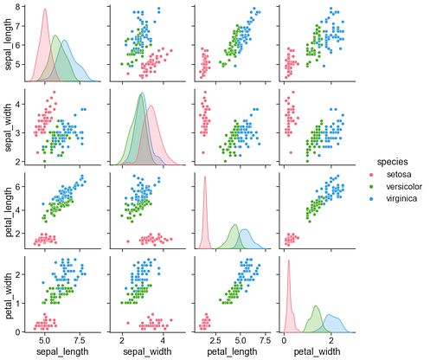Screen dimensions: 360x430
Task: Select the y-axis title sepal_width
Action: point(8,126)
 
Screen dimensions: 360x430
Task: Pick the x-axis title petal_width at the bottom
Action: point(315,352)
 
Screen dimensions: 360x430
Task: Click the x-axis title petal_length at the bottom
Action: point(230,352)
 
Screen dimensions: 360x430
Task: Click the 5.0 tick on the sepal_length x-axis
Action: point(44,341)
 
